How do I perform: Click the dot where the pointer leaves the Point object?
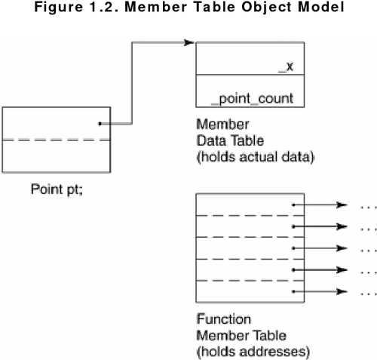point(100,124)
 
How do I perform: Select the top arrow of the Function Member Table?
point(320,204)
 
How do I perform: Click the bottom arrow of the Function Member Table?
point(320,291)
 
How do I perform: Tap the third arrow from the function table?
point(320,248)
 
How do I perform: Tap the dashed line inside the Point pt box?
point(57,140)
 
